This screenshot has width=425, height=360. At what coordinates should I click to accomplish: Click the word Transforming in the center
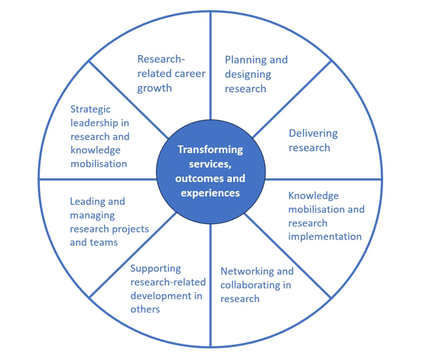pyautogui.click(x=210, y=150)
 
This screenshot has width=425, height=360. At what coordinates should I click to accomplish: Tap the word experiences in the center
pyautogui.click(x=211, y=193)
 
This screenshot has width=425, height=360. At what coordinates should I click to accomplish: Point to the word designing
pyautogui.click(x=248, y=74)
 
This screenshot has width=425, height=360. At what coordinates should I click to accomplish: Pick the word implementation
pyautogui.click(x=325, y=237)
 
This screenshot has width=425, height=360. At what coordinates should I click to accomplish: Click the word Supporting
pyautogui.click(x=155, y=268)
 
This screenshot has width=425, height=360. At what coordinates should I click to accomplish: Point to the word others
pyautogui.click(x=145, y=309)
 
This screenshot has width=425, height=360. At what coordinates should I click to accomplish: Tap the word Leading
pyautogui.click(x=88, y=201)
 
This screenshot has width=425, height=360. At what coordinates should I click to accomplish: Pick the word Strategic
pyautogui.click(x=91, y=109)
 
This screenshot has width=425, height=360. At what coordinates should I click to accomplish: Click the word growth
pyautogui.click(x=154, y=88)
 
